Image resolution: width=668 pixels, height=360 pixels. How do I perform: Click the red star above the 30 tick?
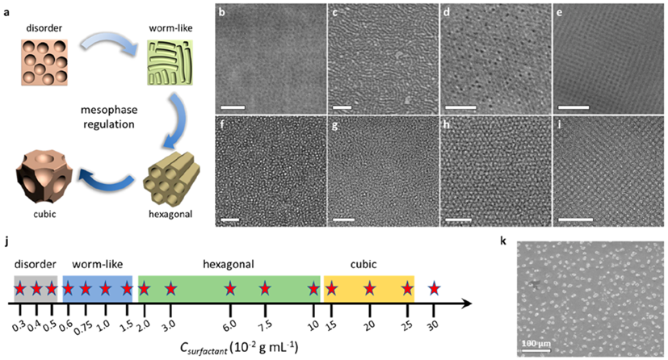[434, 289]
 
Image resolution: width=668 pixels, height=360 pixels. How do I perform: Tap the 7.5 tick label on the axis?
[266, 325]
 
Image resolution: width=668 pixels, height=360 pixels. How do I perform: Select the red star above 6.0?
[230, 289]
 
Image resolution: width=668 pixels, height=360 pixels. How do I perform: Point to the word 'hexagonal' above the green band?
[229, 264]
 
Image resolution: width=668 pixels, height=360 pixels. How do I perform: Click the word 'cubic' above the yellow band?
[363, 264]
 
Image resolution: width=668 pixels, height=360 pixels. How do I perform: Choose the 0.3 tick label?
[19, 326]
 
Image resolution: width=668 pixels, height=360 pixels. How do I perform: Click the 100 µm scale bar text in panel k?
[536, 343]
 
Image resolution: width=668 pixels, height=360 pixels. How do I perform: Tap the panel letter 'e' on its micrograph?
[560, 12]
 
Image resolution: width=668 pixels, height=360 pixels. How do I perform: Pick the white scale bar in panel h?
[458, 220]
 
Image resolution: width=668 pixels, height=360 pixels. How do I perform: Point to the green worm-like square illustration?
[170, 62]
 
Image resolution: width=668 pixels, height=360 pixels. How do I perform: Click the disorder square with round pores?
[44, 62]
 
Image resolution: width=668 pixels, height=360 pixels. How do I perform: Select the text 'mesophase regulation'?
[108, 117]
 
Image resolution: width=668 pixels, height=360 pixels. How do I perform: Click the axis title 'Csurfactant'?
[204, 349]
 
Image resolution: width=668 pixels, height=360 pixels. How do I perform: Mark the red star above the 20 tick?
[370, 289]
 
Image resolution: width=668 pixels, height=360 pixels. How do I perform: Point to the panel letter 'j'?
[6, 242]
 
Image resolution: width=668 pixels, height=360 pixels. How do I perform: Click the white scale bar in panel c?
[342, 107]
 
